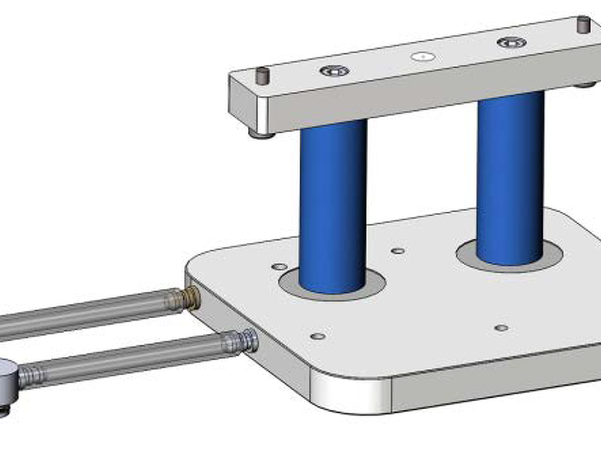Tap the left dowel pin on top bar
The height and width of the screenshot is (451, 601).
tap(262, 75)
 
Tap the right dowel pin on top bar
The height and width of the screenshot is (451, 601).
tap(583, 24)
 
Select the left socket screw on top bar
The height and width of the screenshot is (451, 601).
tap(334, 71)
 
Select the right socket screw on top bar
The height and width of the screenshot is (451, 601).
tap(511, 43)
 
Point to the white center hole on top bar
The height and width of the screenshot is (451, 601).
tap(423, 56)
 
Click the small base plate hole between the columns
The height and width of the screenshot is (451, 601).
tap(398, 251)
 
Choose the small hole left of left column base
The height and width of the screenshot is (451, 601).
tap(279, 267)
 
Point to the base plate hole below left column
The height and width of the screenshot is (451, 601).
tap(318, 336)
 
